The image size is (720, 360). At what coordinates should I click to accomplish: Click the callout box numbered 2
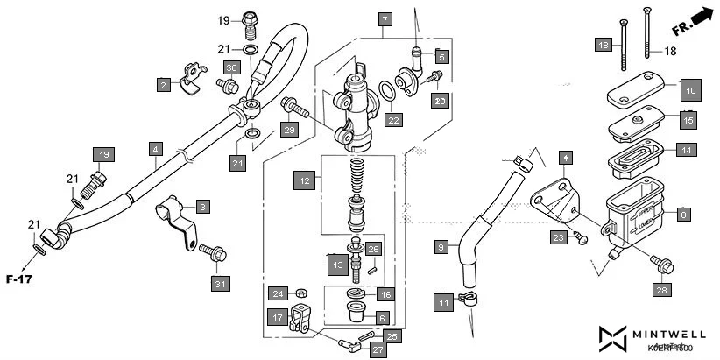164,85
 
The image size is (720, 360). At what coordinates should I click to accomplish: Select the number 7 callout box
383,18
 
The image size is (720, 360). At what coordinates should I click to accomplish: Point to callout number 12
304,180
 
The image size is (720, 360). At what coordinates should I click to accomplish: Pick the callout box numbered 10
690,89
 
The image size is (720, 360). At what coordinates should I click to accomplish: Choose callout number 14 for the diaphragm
688,150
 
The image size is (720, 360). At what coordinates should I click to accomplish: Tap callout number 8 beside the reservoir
684,213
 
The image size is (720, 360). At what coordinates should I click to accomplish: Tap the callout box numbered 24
278,293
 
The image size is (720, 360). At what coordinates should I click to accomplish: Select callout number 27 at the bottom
377,350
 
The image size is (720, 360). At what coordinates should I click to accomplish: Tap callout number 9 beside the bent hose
441,247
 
